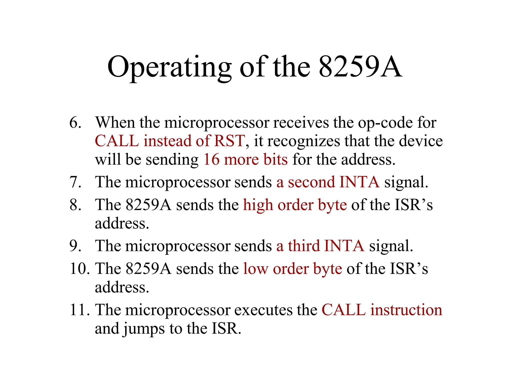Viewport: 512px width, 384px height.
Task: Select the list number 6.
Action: point(75,123)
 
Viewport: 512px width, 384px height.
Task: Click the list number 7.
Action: point(75,182)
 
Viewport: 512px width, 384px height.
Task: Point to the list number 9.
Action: point(75,246)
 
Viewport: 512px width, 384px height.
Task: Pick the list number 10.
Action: point(79,269)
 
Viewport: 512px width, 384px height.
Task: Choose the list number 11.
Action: point(79,310)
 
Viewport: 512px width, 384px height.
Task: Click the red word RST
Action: point(229,141)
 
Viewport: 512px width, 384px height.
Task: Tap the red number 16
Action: point(211,159)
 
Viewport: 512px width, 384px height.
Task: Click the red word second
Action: point(311,182)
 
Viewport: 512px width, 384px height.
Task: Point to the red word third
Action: point(304,246)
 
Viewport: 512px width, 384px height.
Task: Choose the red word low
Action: point(255,269)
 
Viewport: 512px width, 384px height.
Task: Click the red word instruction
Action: point(406,310)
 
